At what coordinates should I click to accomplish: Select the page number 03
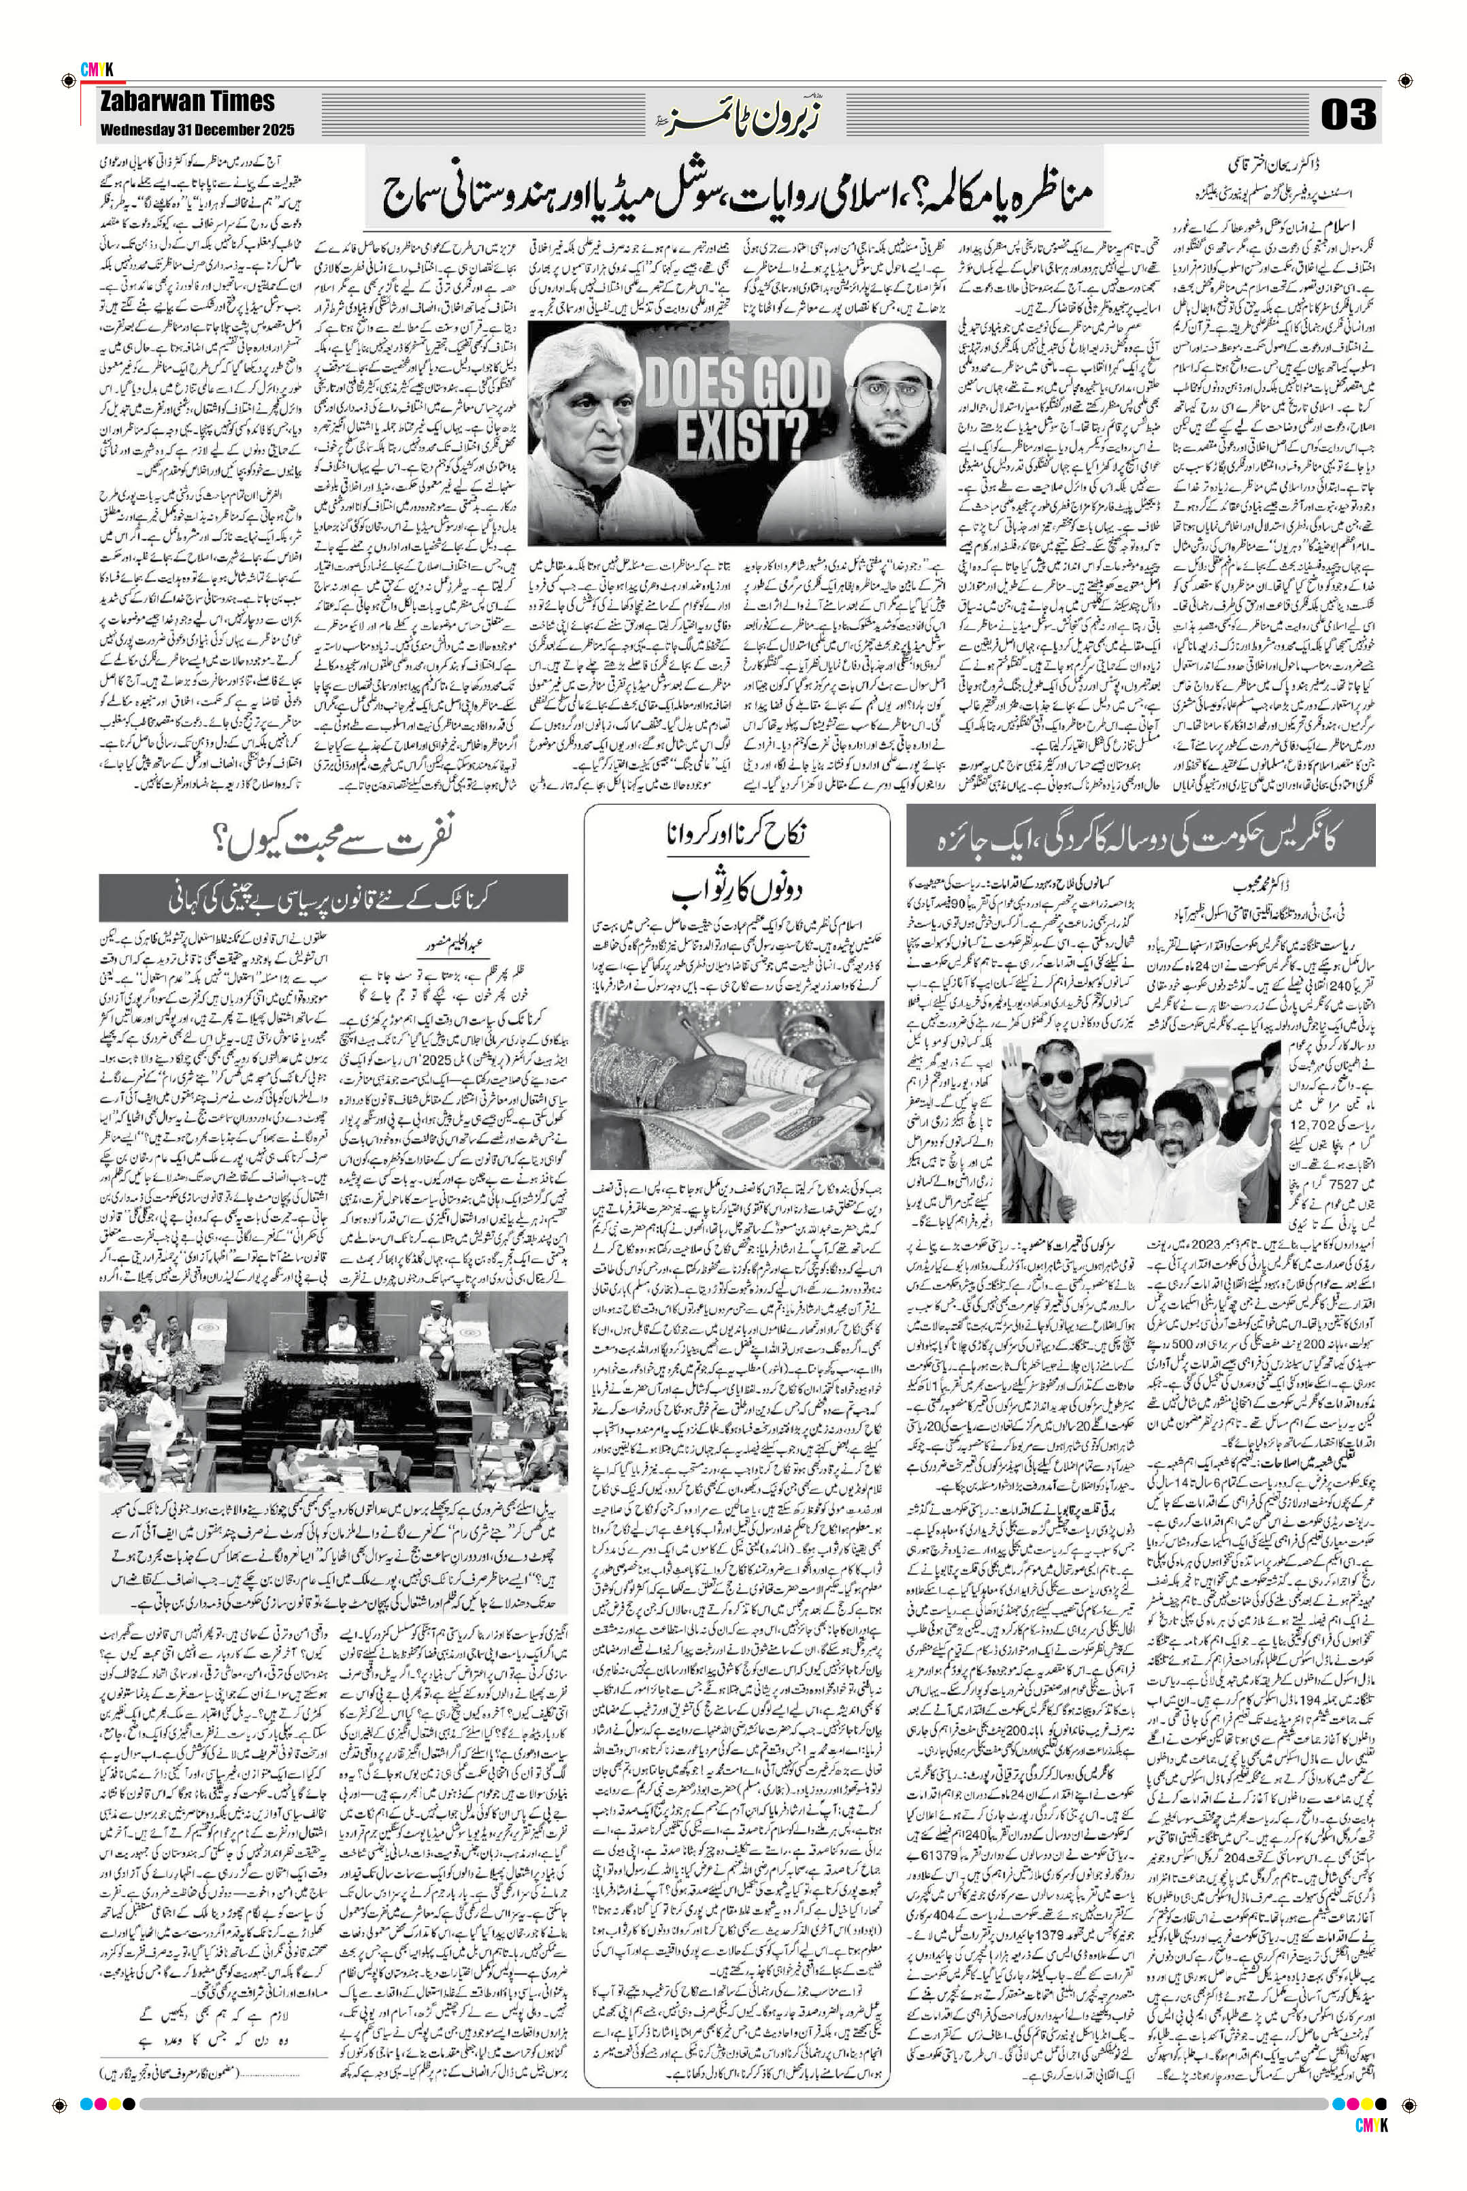(x=1347, y=114)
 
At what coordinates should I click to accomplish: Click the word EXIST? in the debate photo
(x=743, y=432)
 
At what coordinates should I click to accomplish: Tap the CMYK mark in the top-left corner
(x=97, y=68)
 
